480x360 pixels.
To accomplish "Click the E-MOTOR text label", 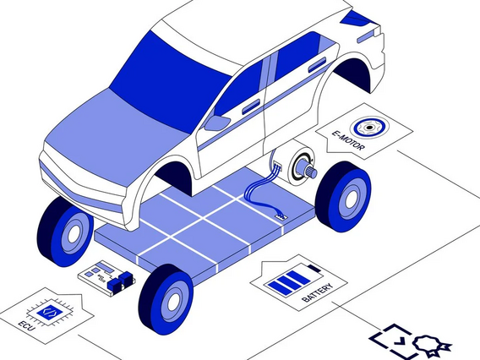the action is coord(348,140).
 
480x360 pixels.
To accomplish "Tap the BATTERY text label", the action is coord(317,292).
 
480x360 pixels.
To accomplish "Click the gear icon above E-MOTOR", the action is coord(370,128).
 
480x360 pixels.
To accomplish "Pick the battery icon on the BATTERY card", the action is coord(294,281).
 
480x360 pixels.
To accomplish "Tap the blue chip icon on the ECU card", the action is coord(49,312).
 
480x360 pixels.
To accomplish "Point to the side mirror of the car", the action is coord(216,123).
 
